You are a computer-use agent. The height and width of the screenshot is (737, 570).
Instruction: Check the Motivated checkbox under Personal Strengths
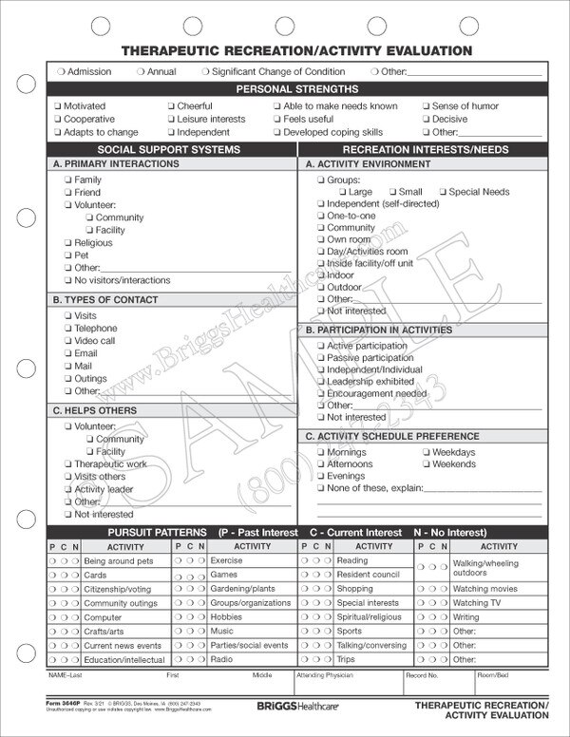[58, 106]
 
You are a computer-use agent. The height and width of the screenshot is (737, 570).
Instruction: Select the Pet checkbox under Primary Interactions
[68, 255]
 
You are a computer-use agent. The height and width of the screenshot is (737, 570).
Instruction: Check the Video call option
[68, 341]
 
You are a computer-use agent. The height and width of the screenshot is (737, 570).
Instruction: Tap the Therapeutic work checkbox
[68, 464]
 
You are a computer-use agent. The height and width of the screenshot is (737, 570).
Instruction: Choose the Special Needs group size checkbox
[442, 192]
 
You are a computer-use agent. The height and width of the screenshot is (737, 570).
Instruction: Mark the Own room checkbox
[320, 240]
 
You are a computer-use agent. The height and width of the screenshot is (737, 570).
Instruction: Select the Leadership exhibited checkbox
[320, 382]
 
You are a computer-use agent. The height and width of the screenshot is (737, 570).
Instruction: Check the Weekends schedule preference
[426, 464]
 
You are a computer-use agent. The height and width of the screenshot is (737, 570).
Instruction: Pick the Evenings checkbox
[320, 477]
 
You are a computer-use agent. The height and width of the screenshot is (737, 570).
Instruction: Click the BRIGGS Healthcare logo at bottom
[284, 708]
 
